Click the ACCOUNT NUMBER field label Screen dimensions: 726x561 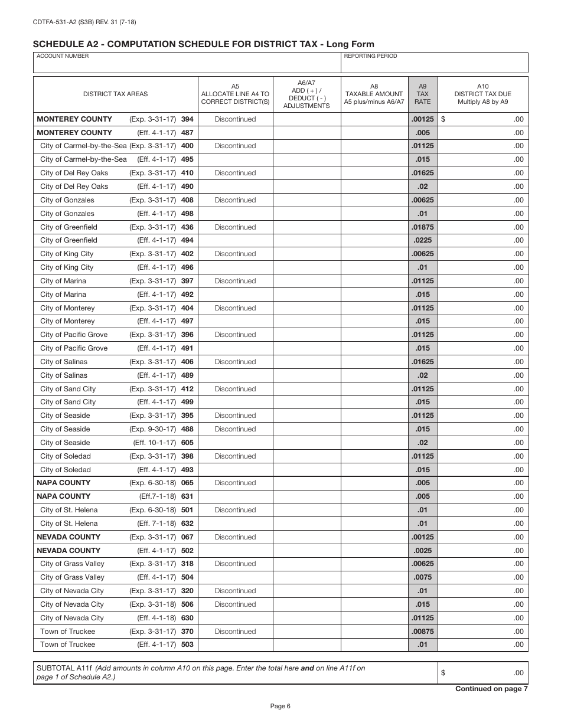tap(63, 56)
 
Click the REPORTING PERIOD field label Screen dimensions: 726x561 tap(370, 56)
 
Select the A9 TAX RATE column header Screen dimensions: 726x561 tap(422, 94)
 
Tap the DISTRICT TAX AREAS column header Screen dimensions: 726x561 tap(115, 94)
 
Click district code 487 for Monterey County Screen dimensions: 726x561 tap(187, 133)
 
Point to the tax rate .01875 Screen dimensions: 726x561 tap(422, 227)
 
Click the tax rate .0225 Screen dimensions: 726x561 tap(422, 240)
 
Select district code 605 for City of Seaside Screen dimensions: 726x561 tap(187, 443)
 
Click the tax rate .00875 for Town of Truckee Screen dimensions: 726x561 tap(422, 632)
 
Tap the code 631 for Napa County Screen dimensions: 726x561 tap(187, 496)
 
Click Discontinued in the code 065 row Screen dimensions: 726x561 tap(235, 483)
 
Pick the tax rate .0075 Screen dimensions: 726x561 tap(422, 577)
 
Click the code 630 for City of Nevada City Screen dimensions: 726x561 tap(187, 618)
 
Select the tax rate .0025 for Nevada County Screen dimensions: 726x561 tap(422, 551)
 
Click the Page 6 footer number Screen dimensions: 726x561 tap(280, 706)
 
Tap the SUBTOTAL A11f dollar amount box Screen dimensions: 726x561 tap(482, 673)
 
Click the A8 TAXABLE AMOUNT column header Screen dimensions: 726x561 tap(374, 94)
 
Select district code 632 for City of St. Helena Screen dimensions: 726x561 tap(187, 524)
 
